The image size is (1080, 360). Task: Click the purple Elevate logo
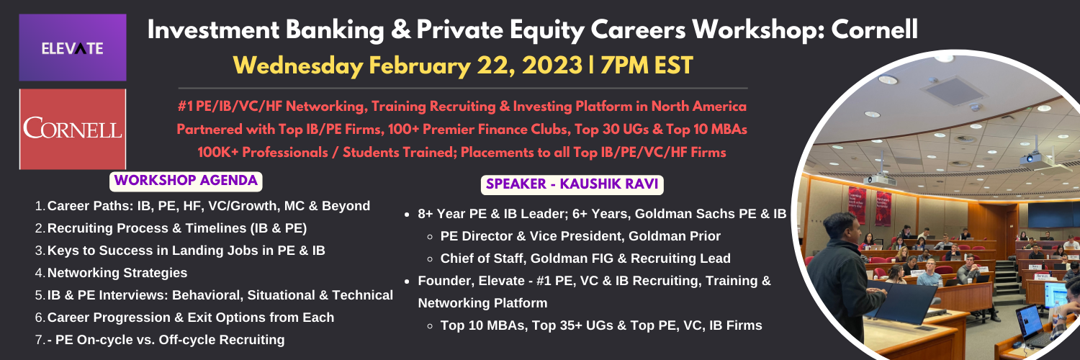73,48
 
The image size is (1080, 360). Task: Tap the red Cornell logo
73,129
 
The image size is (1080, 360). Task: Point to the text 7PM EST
647,66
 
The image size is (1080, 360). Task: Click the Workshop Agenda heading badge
186,181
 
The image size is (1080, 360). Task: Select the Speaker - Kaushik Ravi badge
572,184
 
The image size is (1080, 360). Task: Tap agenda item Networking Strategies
117,273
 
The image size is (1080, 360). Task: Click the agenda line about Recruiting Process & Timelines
177,228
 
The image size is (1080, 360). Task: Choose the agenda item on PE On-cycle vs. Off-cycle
166,340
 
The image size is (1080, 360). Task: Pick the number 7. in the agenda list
40,340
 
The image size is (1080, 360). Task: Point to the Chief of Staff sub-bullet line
585,258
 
